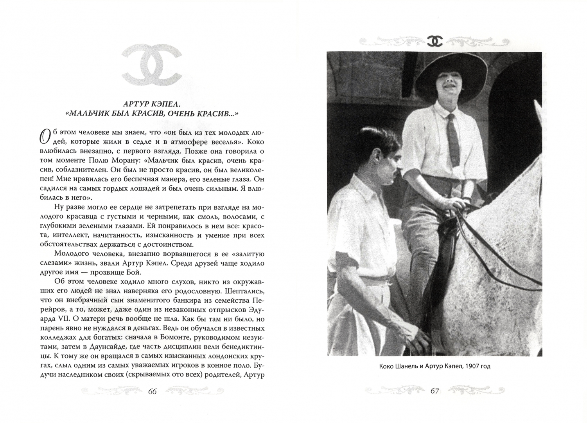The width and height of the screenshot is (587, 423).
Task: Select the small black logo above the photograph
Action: (434, 41)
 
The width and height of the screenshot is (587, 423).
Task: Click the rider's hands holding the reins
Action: (458, 202)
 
